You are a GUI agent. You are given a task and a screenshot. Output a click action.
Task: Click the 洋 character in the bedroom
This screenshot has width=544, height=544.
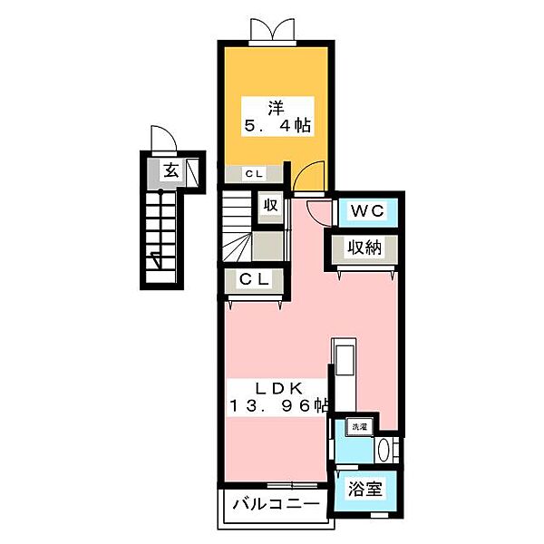pyautogui.click(x=276, y=108)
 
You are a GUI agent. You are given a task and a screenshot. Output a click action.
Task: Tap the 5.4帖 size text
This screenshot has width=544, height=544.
pyautogui.click(x=277, y=125)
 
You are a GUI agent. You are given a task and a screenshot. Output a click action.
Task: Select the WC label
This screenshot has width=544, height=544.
pyautogui.click(x=367, y=210)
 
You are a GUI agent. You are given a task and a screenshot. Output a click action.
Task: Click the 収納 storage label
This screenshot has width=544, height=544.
pyautogui.click(x=364, y=248)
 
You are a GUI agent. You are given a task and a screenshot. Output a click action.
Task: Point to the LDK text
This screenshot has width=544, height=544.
pyautogui.click(x=279, y=389)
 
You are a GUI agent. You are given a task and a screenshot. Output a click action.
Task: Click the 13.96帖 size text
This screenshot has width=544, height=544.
pyautogui.click(x=278, y=405)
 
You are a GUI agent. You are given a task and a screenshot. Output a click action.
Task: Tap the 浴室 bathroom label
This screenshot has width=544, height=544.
pyautogui.click(x=365, y=489)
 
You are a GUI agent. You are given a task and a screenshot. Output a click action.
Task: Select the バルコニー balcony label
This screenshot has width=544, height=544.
pyautogui.click(x=276, y=504)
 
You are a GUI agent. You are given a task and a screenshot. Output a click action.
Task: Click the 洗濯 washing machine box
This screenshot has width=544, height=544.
pyautogui.click(x=359, y=427)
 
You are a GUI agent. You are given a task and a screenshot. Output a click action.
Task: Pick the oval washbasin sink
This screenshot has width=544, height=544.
pyautogui.click(x=384, y=451)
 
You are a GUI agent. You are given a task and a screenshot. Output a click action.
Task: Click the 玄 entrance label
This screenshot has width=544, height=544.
pyautogui.click(x=171, y=170)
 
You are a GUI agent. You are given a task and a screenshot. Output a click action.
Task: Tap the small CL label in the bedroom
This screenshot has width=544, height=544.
pyautogui.click(x=254, y=173)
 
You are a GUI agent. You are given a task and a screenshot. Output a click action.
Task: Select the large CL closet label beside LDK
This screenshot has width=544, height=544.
pyautogui.click(x=254, y=279)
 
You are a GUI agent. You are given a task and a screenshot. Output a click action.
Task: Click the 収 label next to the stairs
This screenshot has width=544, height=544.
pyautogui.click(x=271, y=206)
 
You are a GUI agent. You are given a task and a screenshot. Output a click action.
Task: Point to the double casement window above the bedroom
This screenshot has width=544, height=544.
pyautogui.click(x=272, y=31)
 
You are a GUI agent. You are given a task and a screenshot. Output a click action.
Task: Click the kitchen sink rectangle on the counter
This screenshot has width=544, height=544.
pyautogui.click(x=345, y=360)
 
